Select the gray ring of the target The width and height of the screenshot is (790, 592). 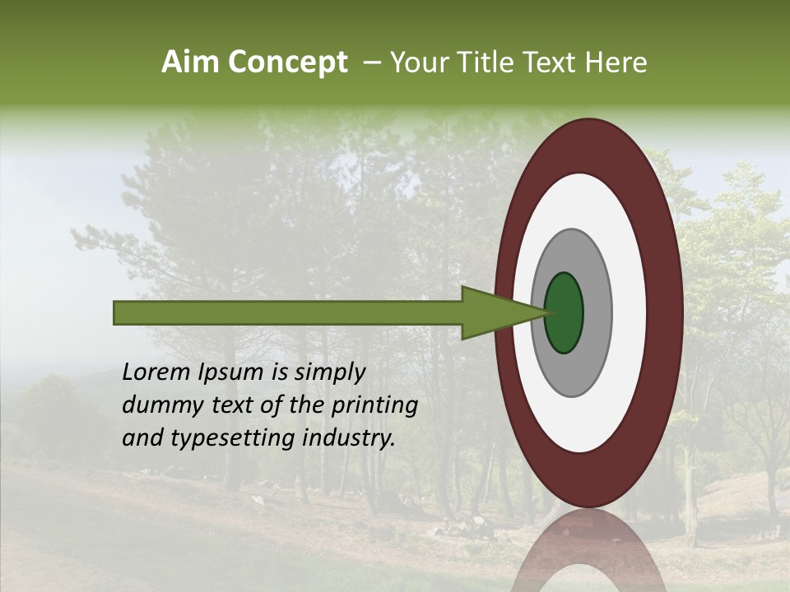pyautogui.click(x=597, y=312)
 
